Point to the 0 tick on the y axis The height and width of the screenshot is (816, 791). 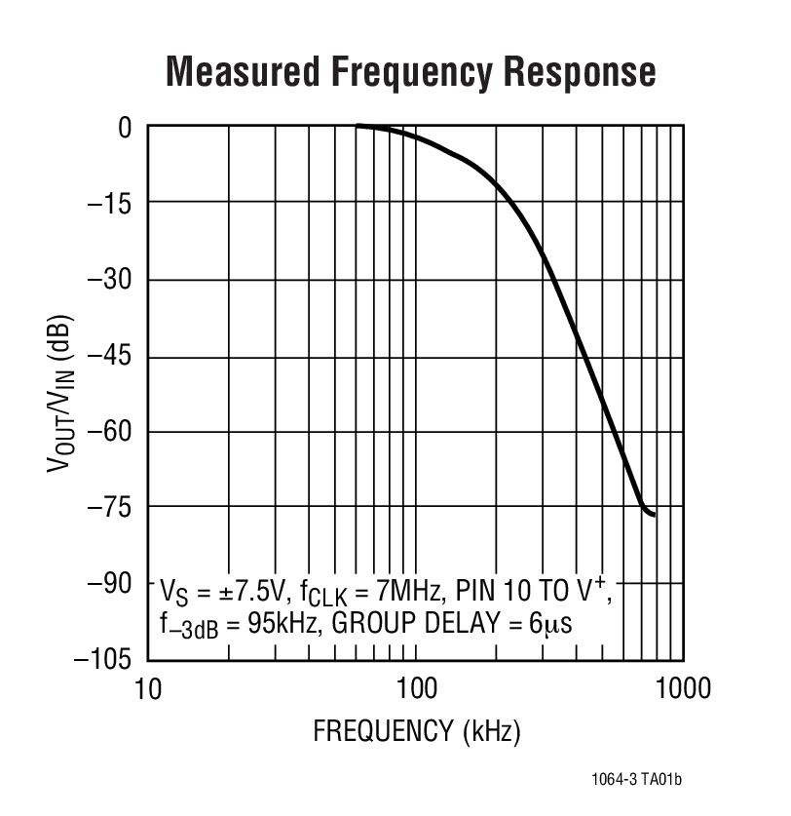click(x=125, y=127)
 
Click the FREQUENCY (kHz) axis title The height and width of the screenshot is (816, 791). click(x=416, y=730)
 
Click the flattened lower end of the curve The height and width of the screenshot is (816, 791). click(x=650, y=513)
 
